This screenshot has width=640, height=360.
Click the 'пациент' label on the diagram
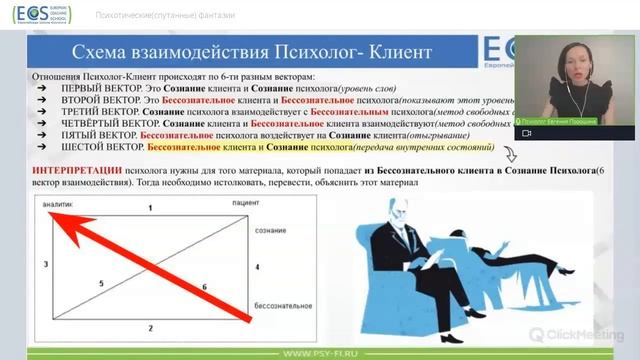point(281,204)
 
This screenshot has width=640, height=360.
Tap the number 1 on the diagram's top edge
point(150,207)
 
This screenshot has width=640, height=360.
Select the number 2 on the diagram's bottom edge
point(150,328)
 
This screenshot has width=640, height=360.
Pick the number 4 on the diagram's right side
point(257,267)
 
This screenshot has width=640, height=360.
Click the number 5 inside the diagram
point(101,284)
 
